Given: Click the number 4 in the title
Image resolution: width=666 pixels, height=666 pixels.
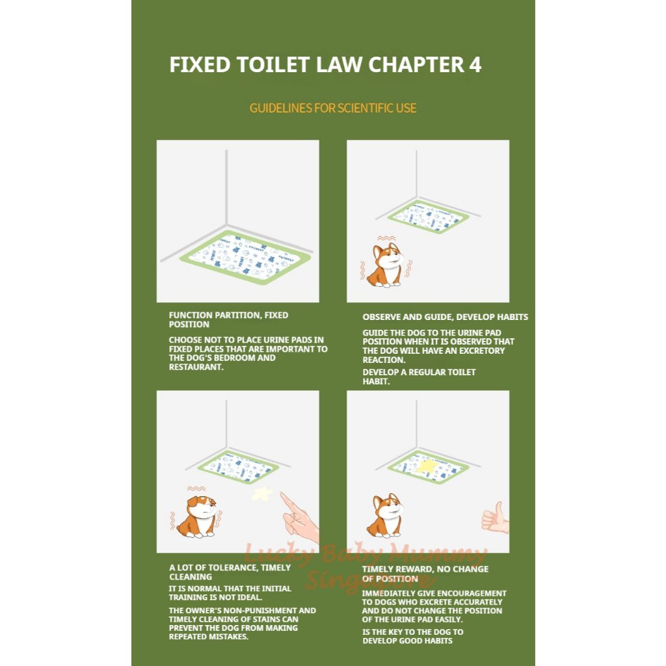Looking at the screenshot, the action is pos(475,65).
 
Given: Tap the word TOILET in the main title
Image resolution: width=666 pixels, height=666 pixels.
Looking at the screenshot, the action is pos(273,65).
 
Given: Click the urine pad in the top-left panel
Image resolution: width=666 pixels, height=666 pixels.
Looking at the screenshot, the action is pos(245,258).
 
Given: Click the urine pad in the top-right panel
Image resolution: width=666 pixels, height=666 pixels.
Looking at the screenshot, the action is pos(428,217).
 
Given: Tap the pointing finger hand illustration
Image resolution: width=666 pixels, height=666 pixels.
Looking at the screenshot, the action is pos(299,517).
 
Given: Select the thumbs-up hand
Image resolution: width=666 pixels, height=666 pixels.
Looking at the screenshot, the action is pos(495,517).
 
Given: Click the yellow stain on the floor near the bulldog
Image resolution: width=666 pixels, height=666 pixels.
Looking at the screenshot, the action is pos(262,494).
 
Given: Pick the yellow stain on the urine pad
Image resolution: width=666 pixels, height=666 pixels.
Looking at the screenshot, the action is pos(427,466).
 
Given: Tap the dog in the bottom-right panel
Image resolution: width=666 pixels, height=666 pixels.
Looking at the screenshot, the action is pos(386,516).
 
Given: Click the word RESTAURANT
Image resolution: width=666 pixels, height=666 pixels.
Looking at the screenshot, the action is pos(196,367).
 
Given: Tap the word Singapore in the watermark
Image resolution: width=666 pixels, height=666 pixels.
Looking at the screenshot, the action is pos(362,581).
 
